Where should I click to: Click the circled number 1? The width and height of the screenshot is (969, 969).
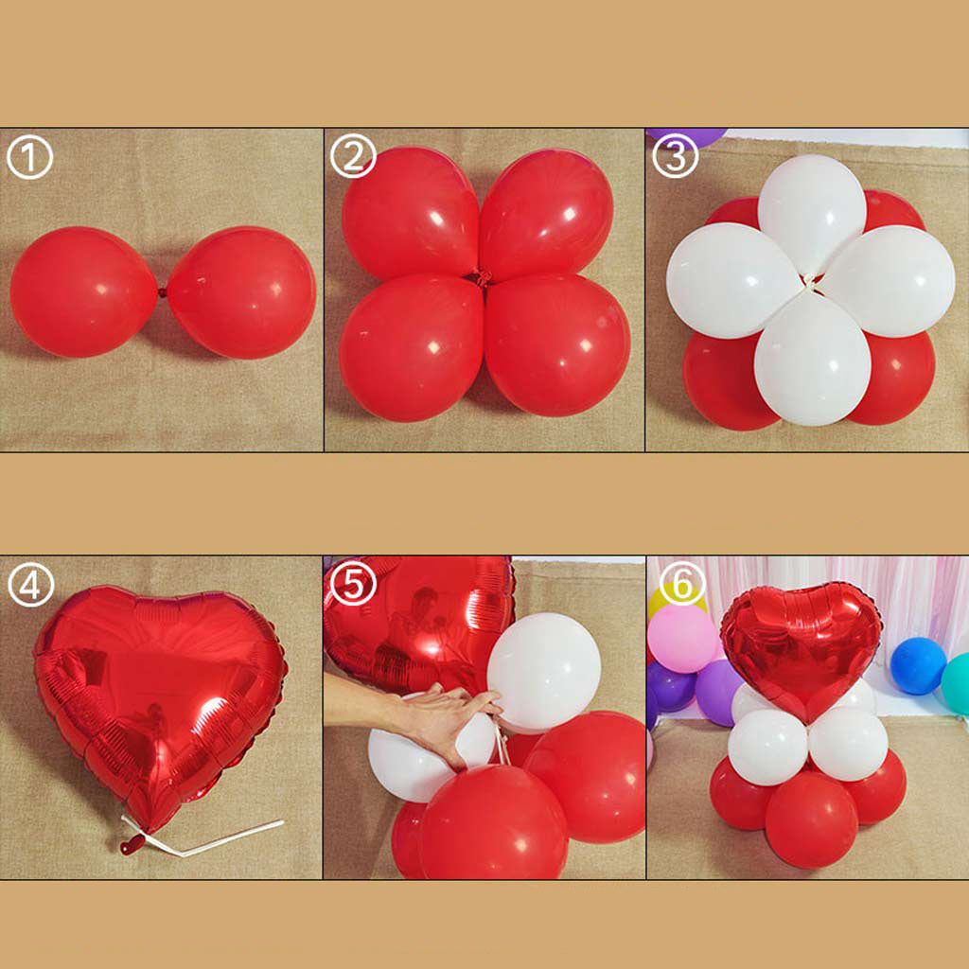coord(29,158)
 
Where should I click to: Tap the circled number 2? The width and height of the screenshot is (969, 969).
coord(353,156)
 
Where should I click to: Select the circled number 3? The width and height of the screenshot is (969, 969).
coord(676,156)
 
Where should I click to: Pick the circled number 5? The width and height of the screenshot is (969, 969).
coord(353,584)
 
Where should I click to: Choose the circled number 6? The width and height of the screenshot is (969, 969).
coord(682,584)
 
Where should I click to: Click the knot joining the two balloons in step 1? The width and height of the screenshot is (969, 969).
coord(163,292)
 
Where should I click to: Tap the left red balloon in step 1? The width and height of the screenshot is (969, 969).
coord(83,292)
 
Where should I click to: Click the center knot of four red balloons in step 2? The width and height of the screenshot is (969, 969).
coord(483,276)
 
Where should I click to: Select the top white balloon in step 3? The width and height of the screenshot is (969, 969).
coord(811,212)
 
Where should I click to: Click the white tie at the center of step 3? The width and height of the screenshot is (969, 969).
coord(810,284)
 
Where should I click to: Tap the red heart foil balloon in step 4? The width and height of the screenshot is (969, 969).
coord(160,704)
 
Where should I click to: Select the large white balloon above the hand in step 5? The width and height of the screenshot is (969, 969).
coord(544,671)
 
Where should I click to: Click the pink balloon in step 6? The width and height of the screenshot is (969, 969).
coord(683,640)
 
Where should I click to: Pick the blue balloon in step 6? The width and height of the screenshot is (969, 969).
coord(918,665)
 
